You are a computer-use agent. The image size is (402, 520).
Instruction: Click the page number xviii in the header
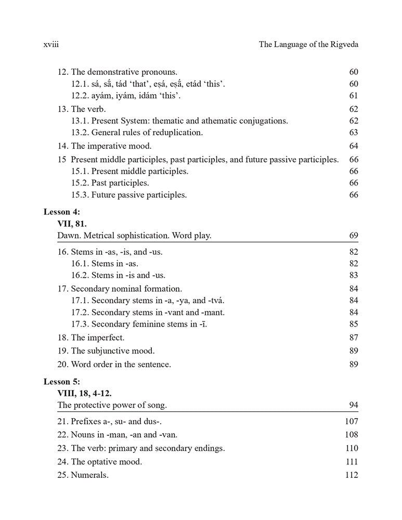coord(51,45)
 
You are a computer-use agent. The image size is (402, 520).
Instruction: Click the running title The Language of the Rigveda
coord(308,45)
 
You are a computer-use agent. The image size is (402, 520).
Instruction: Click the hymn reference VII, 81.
coord(72,224)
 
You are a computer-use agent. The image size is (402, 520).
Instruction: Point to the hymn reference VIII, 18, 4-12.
coord(84,393)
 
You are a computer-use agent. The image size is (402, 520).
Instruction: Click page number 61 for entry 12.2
coord(354,96)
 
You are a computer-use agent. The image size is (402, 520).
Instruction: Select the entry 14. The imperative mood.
coord(105,146)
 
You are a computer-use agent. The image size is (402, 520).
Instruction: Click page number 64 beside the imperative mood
coord(354,146)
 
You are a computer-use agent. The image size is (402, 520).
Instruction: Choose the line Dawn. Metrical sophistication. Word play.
coord(134,236)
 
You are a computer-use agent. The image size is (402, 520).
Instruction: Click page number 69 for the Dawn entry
coord(354,236)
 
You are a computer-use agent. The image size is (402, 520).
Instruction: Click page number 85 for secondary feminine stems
coord(354,324)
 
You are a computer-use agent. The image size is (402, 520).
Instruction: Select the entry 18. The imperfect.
coord(91,337)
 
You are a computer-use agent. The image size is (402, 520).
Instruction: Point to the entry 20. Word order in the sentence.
coord(114,365)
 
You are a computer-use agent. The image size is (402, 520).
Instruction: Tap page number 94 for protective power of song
coord(354,405)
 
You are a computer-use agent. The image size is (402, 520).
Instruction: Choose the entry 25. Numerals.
coord(83,475)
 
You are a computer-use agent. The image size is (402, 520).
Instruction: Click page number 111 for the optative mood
coord(352,461)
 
